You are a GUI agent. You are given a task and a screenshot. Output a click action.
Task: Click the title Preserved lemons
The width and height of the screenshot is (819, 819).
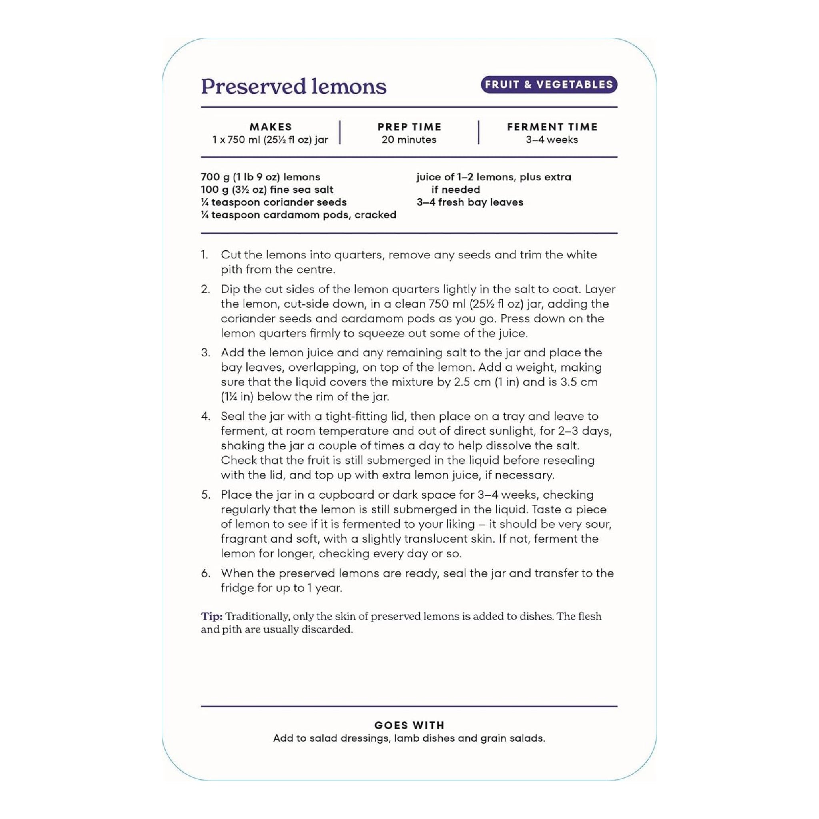coord(294,86)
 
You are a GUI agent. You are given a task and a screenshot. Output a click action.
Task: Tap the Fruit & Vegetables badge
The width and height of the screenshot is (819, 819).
coord(549,84)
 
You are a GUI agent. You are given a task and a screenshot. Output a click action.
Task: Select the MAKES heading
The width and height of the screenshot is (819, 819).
coord(270,127)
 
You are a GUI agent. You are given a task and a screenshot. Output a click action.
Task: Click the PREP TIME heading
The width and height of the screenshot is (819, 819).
coord(409,127)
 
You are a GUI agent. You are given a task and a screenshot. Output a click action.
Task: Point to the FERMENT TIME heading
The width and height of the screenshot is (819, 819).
coord(552,127)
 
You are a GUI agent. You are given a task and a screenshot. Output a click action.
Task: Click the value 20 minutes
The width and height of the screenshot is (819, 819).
coord(409,140)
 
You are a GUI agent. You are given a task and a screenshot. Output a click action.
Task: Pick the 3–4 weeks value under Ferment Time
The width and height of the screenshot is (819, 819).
coord(552,140)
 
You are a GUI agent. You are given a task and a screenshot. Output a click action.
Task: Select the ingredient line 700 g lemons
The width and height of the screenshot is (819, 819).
coord(260,177)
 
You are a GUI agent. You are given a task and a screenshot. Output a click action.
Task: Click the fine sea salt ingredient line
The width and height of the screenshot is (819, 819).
coord(267,190)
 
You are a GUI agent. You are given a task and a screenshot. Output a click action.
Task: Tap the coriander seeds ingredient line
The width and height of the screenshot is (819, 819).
coord(274,202)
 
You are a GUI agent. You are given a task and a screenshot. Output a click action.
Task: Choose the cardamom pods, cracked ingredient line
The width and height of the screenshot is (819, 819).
coord(298,215)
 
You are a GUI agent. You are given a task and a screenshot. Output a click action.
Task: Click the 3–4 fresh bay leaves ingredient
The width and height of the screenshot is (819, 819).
coord(470,202)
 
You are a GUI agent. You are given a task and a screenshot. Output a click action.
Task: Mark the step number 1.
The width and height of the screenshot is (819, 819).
coord(204,255)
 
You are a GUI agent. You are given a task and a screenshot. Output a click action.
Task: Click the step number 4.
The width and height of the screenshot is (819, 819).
coord(205,416)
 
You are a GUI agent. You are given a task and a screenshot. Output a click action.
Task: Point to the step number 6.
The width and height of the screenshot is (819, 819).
coord(205,573)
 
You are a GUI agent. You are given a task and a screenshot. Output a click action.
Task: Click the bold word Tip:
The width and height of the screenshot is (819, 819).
coord(212,616)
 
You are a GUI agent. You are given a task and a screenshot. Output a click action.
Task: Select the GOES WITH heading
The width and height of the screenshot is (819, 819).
coord(409,725)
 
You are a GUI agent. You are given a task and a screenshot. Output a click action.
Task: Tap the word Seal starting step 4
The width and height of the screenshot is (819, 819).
coord(232,416)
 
